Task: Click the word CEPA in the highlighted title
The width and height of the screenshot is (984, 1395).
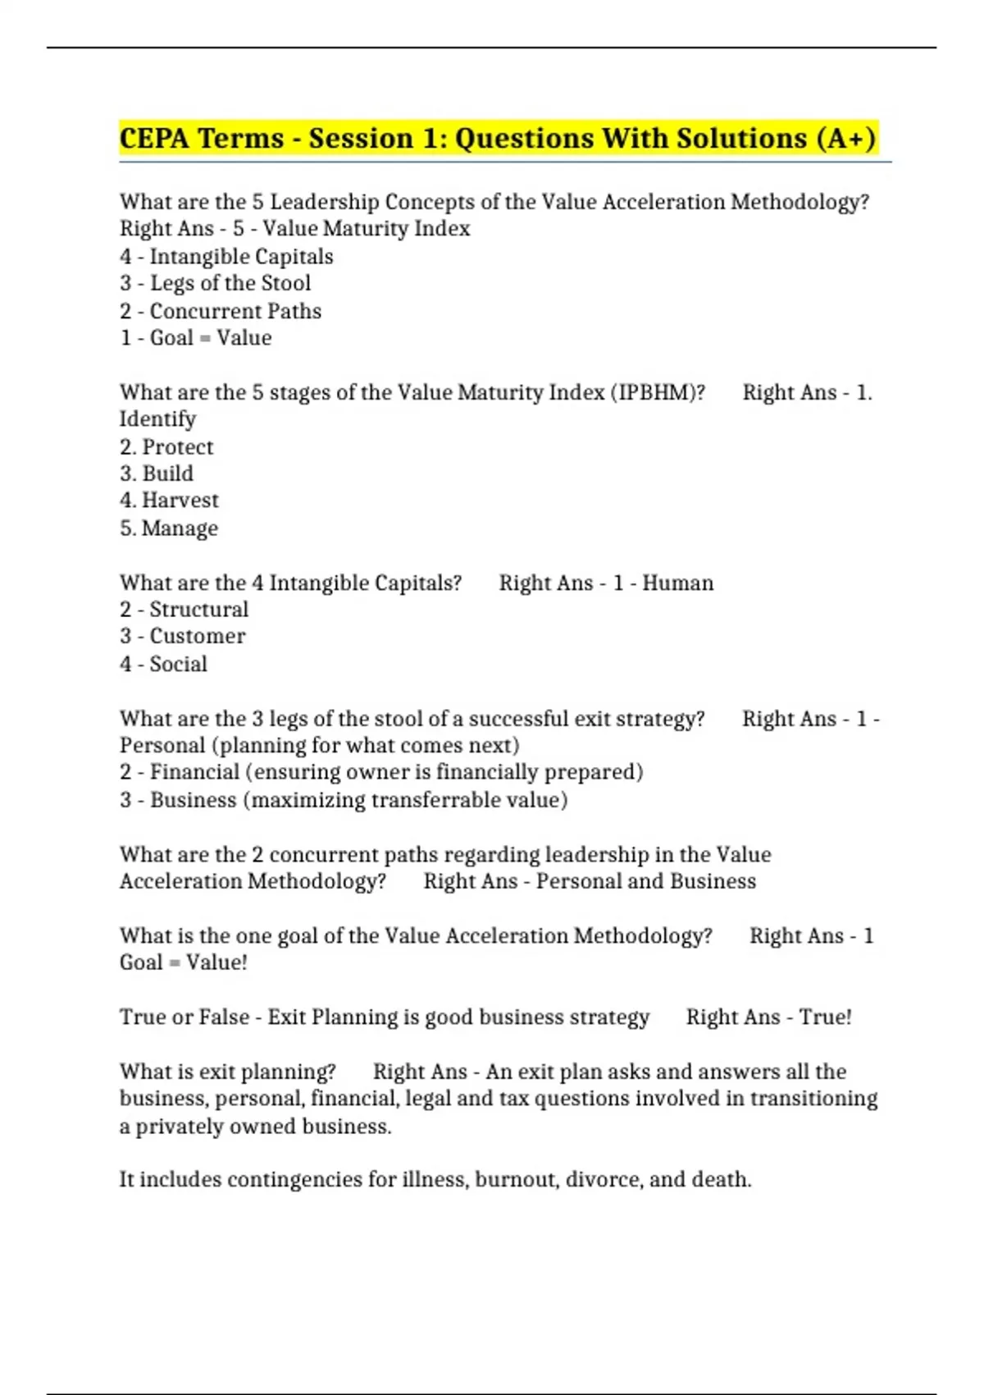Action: click(x=155, y=138)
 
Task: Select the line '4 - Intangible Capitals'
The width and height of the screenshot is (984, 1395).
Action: click(x=226, y=257)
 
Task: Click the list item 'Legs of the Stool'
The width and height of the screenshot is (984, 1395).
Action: click(x=230, y=283)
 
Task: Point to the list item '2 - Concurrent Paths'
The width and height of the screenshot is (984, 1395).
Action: click(x=221, y=311)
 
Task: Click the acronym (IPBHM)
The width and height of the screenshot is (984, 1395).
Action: click(x=657, y=392)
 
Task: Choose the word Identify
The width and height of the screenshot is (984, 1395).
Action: click(x=158, y=419)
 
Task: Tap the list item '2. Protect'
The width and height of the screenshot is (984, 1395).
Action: click(x=166, y=447)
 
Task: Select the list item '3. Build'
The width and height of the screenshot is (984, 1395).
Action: click(x=157, y=473)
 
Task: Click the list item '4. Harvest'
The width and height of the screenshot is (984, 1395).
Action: click(x=169, y=501)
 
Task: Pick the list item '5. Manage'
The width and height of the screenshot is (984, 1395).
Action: click(x=169, y=528)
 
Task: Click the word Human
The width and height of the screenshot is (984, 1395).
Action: click(x=677, y=583)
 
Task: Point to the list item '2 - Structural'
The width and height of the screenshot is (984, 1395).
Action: click(x=184, y=610)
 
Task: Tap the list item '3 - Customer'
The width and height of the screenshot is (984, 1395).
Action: click(x=183, y=636)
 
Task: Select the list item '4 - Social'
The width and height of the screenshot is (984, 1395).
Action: click(x=163, y=664)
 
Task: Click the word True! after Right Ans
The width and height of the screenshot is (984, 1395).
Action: click(x=825, y=1017)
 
